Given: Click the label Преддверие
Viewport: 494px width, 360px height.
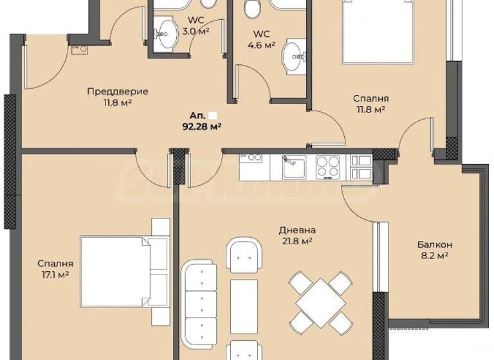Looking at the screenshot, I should coord(118,91).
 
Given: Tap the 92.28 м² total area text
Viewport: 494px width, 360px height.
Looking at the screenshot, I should coord(202,127).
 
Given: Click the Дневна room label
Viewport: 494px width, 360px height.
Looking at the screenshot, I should coord(297,230).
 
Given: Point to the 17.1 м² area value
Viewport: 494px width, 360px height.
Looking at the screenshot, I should coord(54,274).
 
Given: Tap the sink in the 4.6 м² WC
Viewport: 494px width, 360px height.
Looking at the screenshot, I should coord(296,58).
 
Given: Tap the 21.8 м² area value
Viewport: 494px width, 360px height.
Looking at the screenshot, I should coord(297,241).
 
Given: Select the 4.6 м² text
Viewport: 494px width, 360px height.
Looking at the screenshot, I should coord(262,45).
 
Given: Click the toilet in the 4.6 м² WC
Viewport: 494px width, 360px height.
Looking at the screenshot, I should coord(252,8).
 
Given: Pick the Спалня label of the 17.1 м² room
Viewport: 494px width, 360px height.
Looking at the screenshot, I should coord(55,264).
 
